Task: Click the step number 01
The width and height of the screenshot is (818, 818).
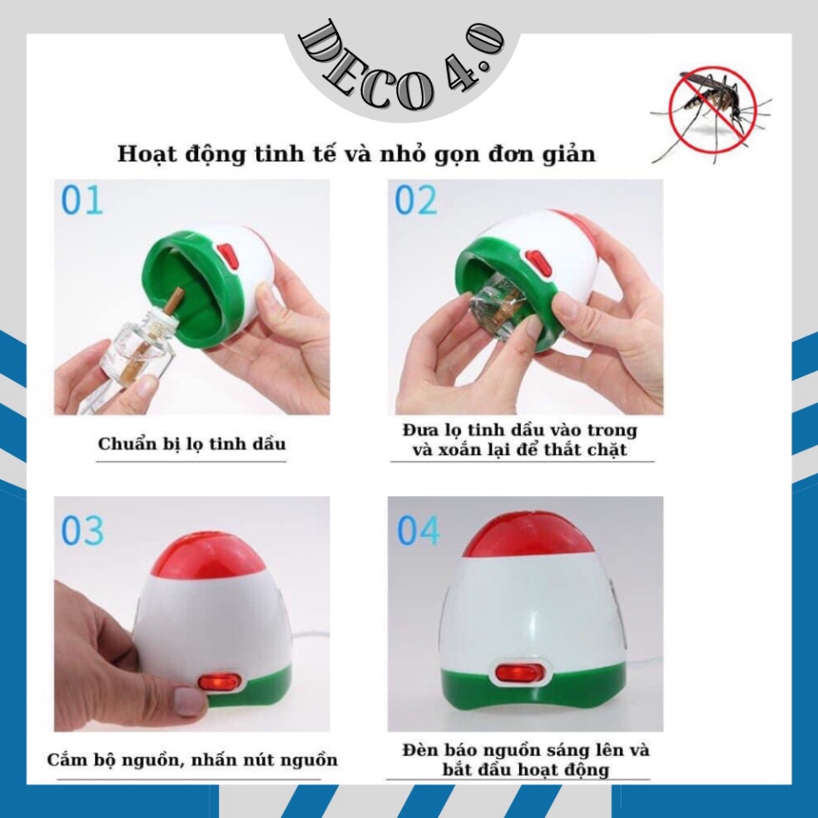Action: pos(82,201)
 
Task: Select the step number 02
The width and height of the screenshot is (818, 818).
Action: pos(416,201)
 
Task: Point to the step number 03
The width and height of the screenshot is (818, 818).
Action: pos(82,531)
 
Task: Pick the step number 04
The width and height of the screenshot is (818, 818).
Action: pos(419,531)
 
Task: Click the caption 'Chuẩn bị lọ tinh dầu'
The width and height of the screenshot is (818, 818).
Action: pos(191,444)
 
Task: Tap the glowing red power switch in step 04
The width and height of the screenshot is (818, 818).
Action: pos(517,673)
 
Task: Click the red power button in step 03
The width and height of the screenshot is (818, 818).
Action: pos(221,682)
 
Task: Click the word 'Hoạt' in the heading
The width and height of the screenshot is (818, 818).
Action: pos(146,155)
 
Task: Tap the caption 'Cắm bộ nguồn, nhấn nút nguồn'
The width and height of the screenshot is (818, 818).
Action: pos(192,760)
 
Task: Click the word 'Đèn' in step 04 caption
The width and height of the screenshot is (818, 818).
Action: pos(421,750)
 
